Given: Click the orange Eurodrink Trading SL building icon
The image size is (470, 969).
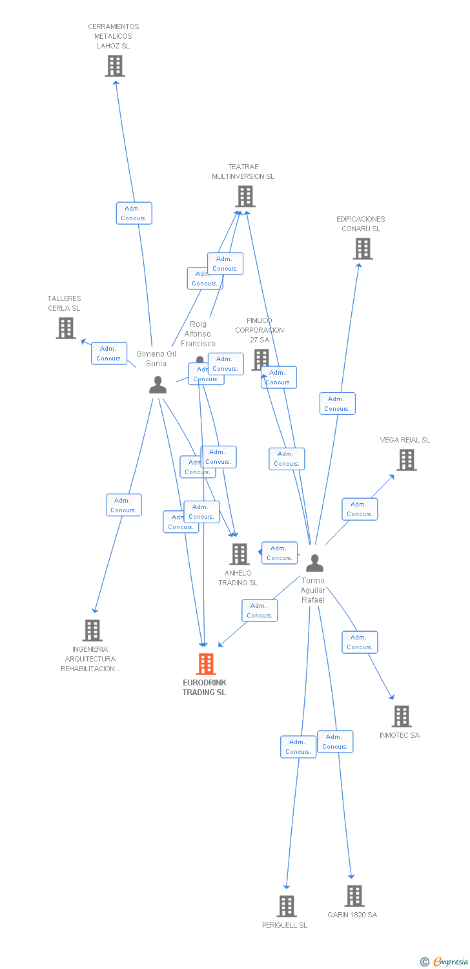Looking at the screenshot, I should [206, 663].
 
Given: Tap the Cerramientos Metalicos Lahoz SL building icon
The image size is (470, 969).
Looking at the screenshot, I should [115, 66].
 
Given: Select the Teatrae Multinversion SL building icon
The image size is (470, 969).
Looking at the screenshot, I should [245, 196].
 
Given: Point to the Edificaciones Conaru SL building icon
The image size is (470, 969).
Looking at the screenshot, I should [363, 249].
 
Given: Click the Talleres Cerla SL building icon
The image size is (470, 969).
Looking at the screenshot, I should [66, 328].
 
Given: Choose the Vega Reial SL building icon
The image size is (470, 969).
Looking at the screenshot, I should [407, 460].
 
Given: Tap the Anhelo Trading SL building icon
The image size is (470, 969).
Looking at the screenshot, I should [240, 554].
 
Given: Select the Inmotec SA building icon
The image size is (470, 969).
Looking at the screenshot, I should [402, 716].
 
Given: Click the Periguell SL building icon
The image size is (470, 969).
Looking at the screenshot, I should [287, 906].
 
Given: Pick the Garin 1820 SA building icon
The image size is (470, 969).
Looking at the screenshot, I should [354, 896].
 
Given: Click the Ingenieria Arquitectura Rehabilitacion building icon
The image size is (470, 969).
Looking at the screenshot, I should [92, 630].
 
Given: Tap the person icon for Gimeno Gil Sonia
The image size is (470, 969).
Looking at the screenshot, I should [158, 385].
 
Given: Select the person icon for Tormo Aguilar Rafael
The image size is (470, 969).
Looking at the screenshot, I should [314, 563].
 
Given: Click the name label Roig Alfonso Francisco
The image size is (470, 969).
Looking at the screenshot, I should [198, 334].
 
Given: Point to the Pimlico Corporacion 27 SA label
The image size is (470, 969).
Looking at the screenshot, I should [260, 330].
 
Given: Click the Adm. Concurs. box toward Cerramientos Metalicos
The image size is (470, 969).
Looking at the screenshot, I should [134, 213].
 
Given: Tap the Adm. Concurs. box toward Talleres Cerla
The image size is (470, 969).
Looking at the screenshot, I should [109, 353].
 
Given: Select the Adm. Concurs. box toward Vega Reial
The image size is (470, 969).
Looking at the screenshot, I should [360, 509].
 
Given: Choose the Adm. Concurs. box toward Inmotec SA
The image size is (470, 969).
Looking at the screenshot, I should [360, 642].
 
